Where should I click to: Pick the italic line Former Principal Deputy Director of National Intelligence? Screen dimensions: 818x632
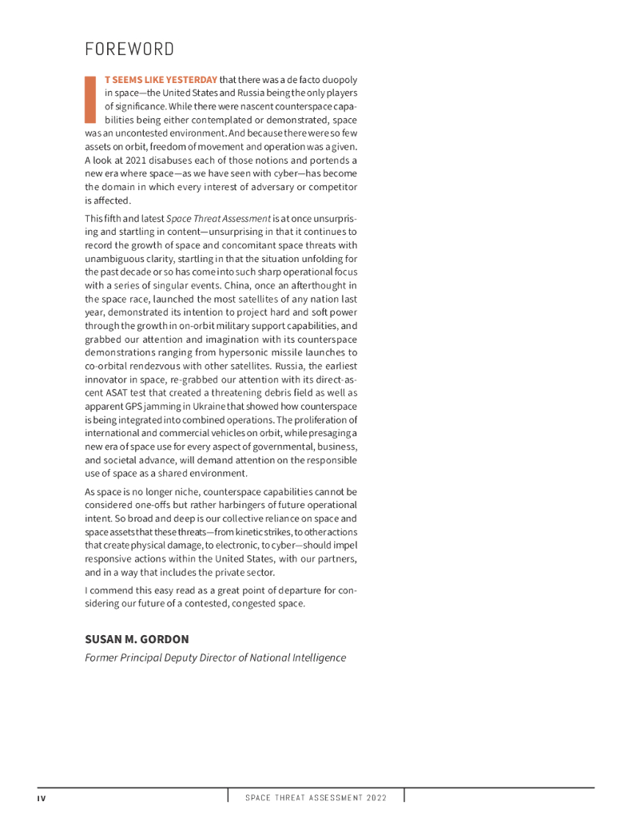click(x=215, y=657)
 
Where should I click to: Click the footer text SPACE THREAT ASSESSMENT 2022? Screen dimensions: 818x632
click(x=316, y=798)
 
